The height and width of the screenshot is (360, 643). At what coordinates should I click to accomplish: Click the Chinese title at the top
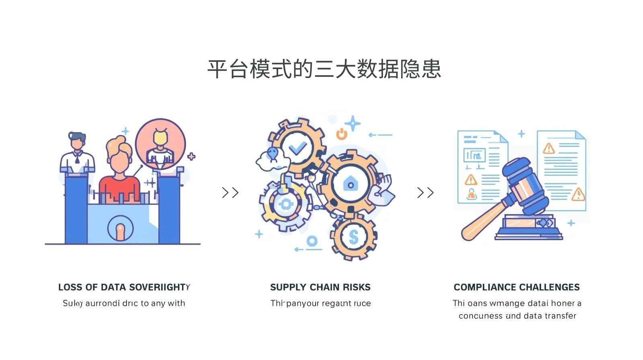[x=324, y=69]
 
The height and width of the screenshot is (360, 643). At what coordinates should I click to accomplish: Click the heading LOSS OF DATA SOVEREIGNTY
[x=124, y=287]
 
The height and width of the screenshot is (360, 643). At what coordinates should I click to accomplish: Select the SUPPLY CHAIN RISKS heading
[x=320, y=287]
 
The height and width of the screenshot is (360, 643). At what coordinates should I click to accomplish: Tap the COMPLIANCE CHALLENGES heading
[x=516, y=287]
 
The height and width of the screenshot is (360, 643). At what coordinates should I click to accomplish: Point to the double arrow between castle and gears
[x=230, y=193]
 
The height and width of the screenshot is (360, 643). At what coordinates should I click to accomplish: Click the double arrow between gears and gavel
[x=425, y=193]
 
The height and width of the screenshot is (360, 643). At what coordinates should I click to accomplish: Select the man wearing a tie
[x=77, y=155]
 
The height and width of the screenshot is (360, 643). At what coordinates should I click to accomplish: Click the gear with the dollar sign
[x=353, y=237]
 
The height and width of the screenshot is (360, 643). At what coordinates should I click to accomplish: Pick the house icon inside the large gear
[x=350, y=184]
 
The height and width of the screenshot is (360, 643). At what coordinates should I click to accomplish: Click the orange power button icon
[x=342, y=134]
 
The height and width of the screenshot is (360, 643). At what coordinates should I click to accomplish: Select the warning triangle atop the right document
[x=549, y=149]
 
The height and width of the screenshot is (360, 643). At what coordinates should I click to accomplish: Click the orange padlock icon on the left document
[x=471, y=194]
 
